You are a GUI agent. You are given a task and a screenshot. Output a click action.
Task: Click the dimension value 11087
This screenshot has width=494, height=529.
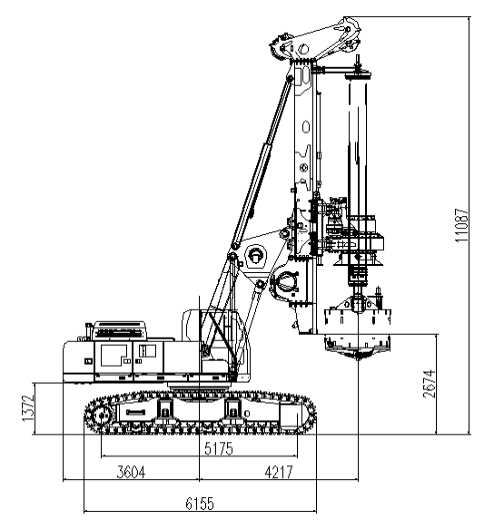click(462, 225)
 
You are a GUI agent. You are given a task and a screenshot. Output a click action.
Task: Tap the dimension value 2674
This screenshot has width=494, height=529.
click(430, 384)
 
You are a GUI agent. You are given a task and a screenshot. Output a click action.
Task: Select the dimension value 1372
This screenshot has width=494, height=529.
click(28, 407)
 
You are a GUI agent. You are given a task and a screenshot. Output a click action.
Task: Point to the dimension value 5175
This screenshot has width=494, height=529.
click(219, 449)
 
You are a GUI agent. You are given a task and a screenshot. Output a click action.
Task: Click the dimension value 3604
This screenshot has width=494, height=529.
click(131, 472)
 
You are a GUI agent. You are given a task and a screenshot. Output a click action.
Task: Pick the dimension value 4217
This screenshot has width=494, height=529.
click(279, 472)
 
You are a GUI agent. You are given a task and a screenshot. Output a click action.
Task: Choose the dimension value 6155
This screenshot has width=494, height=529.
click(200, 504)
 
